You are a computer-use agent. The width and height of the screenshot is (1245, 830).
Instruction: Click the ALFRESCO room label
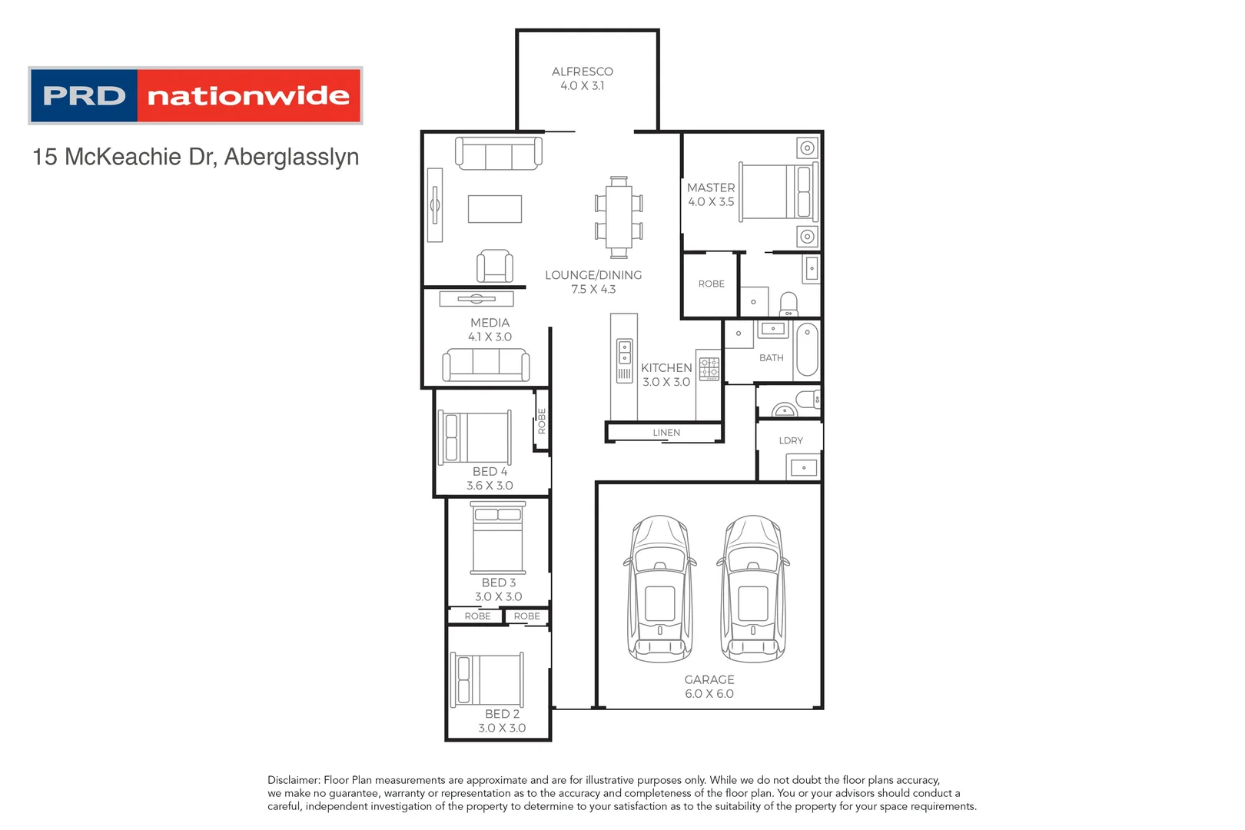[x=582, y=71]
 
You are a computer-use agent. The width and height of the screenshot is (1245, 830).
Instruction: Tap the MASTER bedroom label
[x=710, y=188]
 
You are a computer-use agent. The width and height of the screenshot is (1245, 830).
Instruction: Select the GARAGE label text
[x=709, y=679]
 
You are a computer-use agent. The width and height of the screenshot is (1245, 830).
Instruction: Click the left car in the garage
[x=659, y=589]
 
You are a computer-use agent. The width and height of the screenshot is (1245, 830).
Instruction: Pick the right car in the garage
[x=753, y=589]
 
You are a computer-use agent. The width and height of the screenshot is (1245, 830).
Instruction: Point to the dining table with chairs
[x=619, y=217]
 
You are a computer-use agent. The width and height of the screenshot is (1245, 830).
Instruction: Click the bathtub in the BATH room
[x=807, y=350]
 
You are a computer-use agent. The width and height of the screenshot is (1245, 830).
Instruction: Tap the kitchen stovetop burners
[x=709, y=368]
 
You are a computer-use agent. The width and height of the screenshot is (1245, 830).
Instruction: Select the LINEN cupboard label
[x=666, y=433]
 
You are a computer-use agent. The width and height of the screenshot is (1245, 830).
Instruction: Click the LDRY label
[x=790, y=440]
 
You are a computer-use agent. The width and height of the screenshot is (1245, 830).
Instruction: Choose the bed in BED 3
[x=498, y=537]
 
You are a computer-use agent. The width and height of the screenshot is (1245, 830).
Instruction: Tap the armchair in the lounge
[x=494, y=266]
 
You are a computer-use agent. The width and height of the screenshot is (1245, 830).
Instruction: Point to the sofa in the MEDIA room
[x=486, y=364]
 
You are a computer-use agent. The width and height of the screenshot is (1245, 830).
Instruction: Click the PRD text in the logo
[x=84, y=96]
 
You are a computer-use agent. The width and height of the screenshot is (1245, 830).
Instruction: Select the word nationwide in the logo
[x=248, y=96]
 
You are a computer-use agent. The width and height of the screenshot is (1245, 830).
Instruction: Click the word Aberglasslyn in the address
[x=291, y=157]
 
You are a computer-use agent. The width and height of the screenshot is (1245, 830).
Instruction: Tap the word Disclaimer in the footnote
[x=294, y=780]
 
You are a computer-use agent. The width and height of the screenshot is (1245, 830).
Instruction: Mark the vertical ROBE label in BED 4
[x=542, y=421]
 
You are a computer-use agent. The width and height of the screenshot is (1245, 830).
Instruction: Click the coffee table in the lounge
[x=495, y=208]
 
